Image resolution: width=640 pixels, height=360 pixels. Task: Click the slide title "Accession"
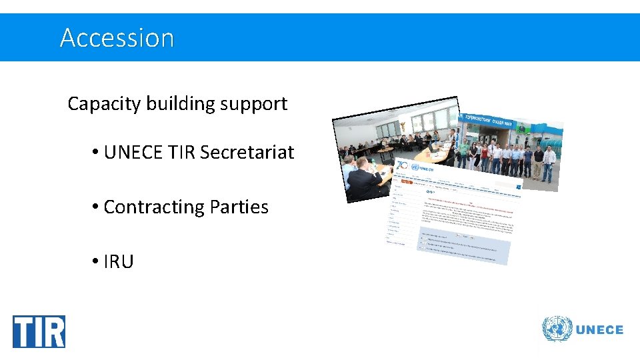click(117, 38)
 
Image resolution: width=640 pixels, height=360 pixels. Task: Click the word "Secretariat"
click(247, 153)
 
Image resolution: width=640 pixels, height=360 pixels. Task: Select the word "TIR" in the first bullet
click(181, 153)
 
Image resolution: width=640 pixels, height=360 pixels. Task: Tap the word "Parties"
click(239, 207)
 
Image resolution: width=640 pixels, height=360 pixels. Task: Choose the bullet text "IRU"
click(119, 262)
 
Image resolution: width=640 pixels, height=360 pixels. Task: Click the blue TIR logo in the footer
click(39, 331)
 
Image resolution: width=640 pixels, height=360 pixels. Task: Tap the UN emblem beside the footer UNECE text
click(557, 329)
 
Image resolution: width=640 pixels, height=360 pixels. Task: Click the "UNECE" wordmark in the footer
click(599, 329)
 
